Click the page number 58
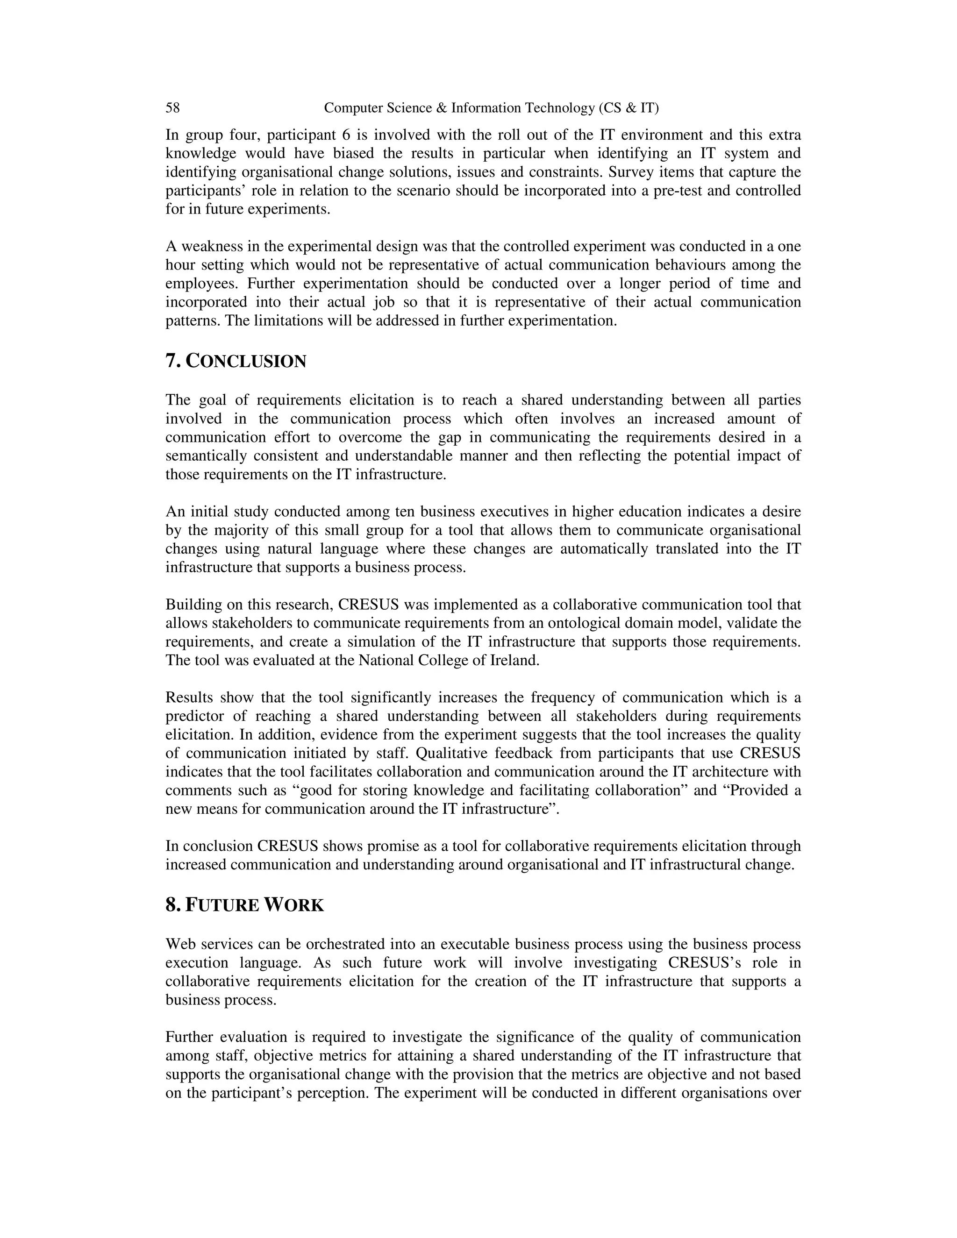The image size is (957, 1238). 172,108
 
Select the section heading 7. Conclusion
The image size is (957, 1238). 236,361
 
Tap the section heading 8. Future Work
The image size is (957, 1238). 244,905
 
